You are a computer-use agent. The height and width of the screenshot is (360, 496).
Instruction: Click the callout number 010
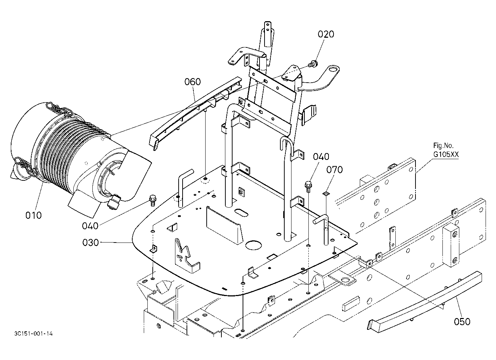tap(33, 215)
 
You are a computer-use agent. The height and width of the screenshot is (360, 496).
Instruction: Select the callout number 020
tap(326, 34)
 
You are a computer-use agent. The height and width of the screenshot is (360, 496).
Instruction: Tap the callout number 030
tap(90, 243)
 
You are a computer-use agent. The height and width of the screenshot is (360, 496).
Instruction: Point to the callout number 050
tap(462, 322)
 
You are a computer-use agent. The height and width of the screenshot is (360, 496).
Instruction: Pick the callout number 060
tap(193, 82)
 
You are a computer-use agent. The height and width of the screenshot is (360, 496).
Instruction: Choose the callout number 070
tap(335, 170)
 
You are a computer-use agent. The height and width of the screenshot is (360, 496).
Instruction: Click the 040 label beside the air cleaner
tap(90, 226)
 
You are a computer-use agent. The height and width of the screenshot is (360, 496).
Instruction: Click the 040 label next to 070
tap(321, 157)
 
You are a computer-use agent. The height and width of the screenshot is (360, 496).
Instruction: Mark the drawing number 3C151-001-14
tap(33, 334)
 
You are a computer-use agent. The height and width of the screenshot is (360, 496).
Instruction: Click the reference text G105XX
tap(446, 154)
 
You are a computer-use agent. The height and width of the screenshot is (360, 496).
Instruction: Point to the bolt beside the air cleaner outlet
tap(153, 200)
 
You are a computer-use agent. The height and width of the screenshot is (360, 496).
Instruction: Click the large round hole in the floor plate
tap(253, 245)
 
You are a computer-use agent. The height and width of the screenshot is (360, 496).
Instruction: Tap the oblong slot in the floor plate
tap(242, 213)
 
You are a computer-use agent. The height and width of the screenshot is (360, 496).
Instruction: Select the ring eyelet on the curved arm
tap(333, 69)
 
